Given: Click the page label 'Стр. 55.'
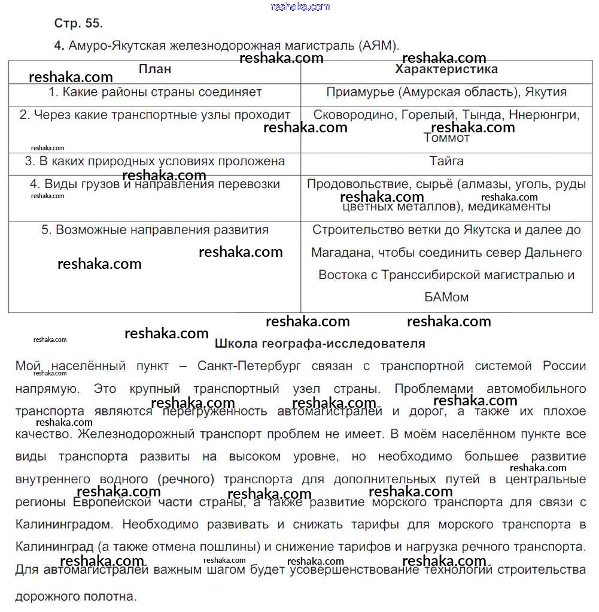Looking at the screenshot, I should (78, 23).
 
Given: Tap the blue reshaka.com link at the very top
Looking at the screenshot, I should (300, 7).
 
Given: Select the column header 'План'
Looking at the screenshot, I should (155, 69).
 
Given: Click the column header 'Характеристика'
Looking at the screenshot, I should (446, 69).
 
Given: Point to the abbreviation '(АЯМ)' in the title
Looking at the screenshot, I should (380, 46).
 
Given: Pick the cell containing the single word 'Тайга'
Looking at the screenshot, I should (446, 161).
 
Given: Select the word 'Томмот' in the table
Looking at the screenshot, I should (446, 138).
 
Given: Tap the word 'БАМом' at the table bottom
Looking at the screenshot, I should (446, 297).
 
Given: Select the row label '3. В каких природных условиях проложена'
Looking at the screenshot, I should (155, 161).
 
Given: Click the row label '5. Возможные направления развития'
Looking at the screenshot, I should (155, 230).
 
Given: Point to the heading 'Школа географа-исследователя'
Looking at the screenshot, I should (320, 344).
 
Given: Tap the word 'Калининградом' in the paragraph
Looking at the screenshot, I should (63, 525).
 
